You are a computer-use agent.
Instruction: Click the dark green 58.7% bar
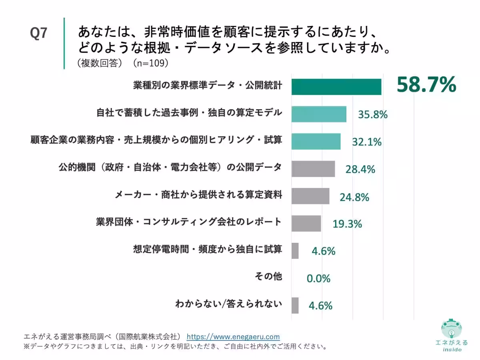point(336,87)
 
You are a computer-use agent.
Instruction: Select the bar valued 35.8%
point(319,114)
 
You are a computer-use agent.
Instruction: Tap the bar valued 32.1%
point(316,142)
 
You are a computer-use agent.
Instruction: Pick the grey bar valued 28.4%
point(313,169)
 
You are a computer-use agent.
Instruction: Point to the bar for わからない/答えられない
point(295,305)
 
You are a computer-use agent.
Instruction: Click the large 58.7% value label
point(426,85)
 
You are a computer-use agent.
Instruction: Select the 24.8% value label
point(354,197)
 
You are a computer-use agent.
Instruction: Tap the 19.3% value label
point(347,224)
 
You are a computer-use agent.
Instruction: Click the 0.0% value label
point(318,278)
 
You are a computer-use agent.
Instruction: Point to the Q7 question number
point(38,33)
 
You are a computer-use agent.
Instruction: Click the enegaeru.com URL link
point(233,337)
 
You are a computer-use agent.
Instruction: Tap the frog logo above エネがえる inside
point(451,328)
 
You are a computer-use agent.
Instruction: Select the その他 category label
point(268,276)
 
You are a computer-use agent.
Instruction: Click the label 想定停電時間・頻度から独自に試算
point(208,249)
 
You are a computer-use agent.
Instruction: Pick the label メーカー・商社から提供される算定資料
point(198,194)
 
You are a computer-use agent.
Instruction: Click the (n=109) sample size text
point(151,63)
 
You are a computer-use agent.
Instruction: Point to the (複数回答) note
point(100,63)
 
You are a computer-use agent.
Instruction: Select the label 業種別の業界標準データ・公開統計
point(208,85)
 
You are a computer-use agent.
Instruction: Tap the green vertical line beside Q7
point(64,43)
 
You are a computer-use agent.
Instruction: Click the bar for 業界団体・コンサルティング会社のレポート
point(306,223)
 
